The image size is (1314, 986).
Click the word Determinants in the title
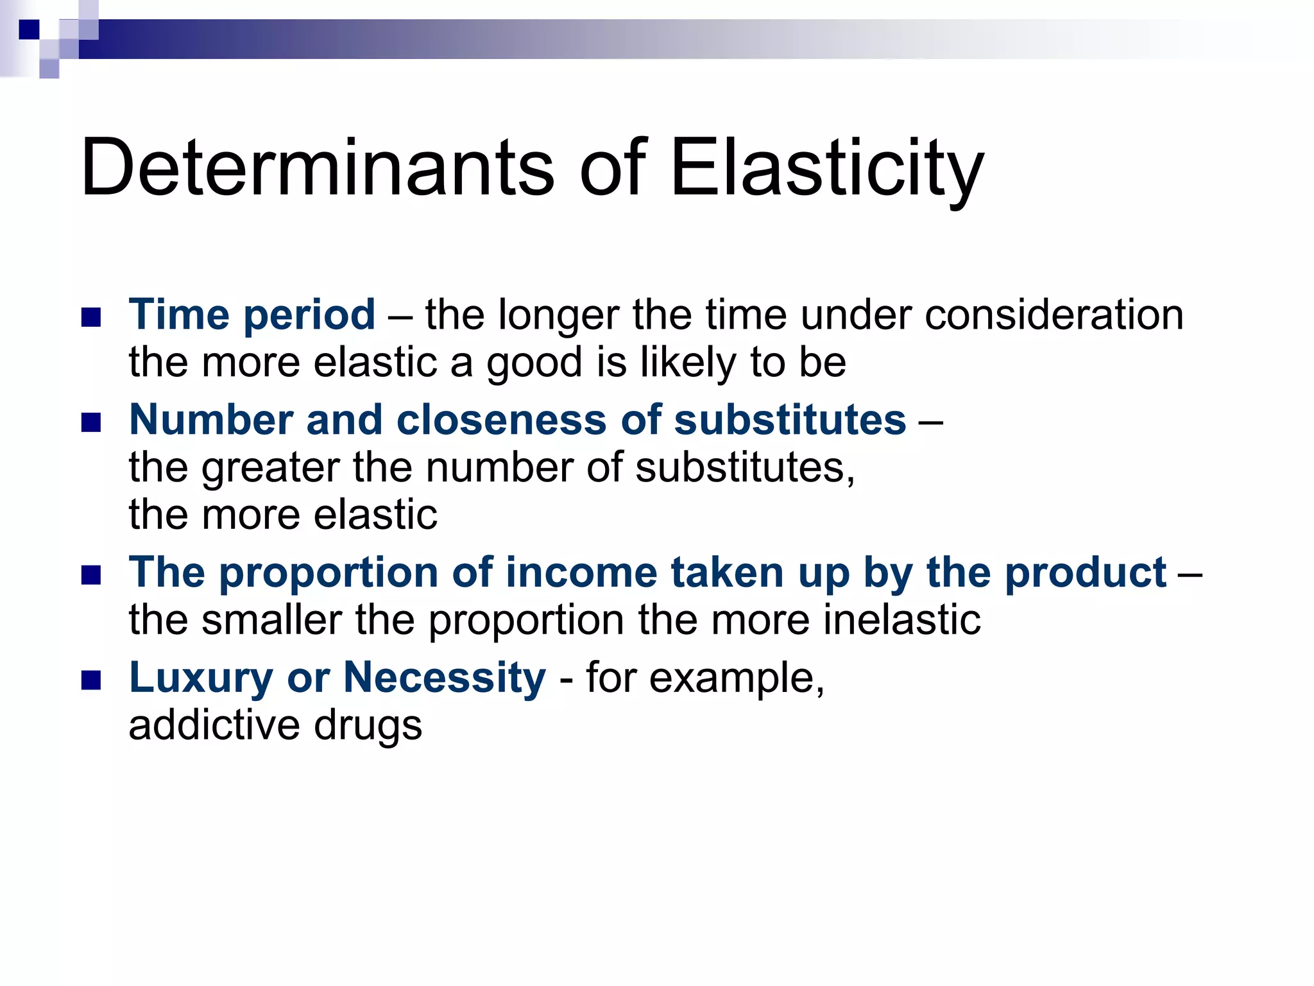tap(317, 168)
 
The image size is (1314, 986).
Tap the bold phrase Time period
tap(252, 315)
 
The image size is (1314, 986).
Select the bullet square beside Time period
tap(92, 317)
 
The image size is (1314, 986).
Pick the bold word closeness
tap(501, 420)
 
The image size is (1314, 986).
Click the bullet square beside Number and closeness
tap(92, 422)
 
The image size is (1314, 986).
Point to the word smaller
tap(272, 620)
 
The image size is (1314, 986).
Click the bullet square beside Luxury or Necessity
tap(92, 680)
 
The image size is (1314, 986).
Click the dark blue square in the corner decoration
tap(29, 29)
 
